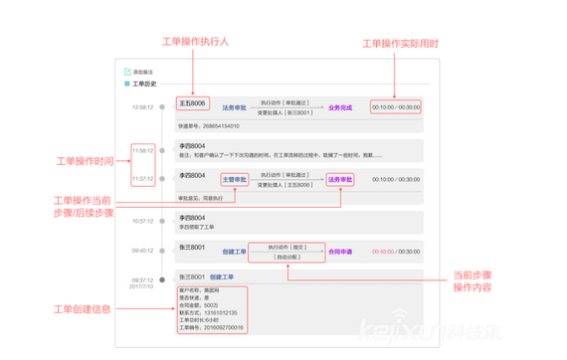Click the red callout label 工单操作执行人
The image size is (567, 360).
pos(195,42)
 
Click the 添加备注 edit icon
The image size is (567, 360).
pos(127,73)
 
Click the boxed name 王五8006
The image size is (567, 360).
pos(192,102)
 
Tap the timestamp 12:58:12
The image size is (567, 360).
pos(142,106)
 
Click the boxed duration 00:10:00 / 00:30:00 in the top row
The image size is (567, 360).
pos(395,107)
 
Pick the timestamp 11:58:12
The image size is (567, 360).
pos(142,151)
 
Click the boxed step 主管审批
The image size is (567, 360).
pos(236,180)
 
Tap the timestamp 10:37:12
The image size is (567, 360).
pos(142,222)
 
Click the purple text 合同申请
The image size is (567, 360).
pos(341,252)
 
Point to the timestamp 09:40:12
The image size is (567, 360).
pos(142,251)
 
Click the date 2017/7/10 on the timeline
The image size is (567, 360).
pos(141,286)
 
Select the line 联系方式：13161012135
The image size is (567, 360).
pos(210,312)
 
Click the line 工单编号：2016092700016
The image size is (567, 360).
pos(212,326)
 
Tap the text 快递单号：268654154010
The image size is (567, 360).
pos(209,126)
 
